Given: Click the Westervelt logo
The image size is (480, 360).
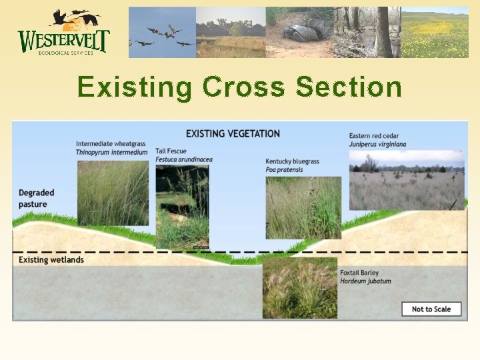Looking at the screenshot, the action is (x=64, y=32).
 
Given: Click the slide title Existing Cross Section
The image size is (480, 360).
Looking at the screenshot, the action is (x=240, y=87).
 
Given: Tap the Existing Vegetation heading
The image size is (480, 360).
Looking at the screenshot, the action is (x=233, y=134).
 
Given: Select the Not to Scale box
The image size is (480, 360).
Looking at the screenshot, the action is (x=431, y=309).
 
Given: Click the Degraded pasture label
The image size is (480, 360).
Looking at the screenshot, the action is (x=37, y=199).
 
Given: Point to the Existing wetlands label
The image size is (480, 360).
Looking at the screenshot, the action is (x=51, y=260).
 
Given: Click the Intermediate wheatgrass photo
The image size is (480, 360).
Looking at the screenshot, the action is (x=113, y=193).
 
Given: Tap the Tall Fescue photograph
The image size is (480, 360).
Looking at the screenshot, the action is (x=183, y=207).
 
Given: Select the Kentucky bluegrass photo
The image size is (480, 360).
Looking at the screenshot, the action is (x=303, y=208).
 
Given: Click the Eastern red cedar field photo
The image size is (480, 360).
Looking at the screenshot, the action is (x=407, y=180).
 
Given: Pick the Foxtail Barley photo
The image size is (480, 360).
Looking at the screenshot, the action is (x=300, y=288).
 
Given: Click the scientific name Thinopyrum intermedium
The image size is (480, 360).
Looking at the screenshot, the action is (x=112, y=153).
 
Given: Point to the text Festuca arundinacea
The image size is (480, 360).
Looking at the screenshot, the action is (x=184, y=159).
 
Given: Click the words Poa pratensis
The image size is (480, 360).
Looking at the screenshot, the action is (x=284, y=170).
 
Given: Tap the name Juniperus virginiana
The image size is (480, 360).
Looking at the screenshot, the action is (x=378, y=144).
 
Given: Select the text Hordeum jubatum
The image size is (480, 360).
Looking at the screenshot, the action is (x=365, y=281).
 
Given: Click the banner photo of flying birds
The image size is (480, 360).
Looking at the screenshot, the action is (x=162, y=32).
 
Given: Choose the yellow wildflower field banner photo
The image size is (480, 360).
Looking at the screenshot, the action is (x=435, y=32).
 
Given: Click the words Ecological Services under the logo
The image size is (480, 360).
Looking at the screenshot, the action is (x=65, y=53).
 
